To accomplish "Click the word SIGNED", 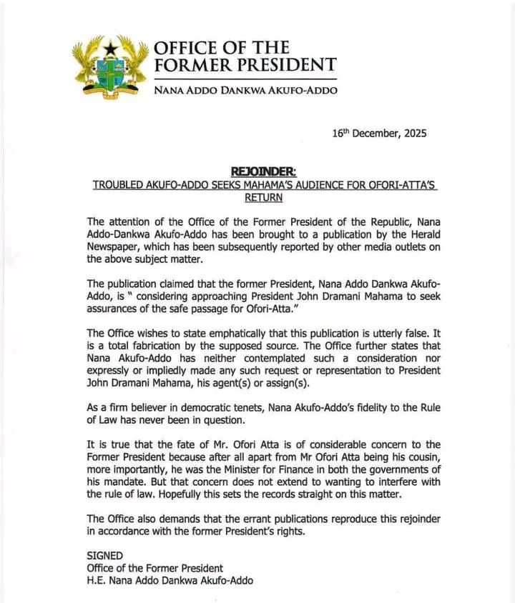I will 105,555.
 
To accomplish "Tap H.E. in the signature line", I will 97,581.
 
